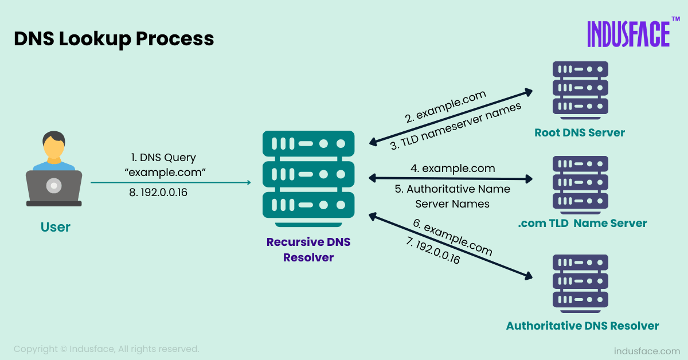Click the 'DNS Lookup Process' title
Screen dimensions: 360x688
[114, 39]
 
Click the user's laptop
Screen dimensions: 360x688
[54, 187]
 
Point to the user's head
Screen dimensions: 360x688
[54, 147]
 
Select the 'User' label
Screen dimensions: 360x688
[55, 227]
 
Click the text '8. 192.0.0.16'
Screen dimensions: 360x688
[158, 193]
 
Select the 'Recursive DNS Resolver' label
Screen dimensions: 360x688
[308, 250]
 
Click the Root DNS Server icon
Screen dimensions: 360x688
[580, 88]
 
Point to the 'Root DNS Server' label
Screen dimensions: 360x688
[580, 133]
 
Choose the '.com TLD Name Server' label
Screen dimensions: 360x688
[582, 224]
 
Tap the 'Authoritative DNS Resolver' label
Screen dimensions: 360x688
[582, 326]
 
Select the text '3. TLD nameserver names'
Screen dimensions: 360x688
[456, 127]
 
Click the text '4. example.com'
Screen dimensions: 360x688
[452, 169]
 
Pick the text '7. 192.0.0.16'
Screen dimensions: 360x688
[433, 251]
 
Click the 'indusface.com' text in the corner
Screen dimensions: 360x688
[647, 350]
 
